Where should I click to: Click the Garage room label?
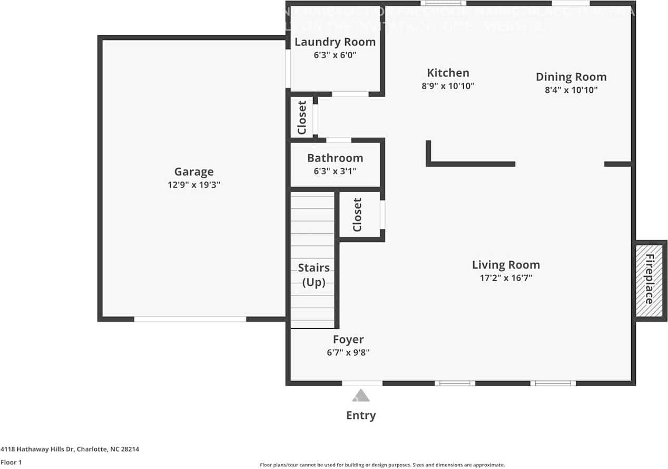coord(194,171)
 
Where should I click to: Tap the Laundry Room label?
coord(335,42)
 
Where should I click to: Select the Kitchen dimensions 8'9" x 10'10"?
coord(448,85)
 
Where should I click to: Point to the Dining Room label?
coord(571,77)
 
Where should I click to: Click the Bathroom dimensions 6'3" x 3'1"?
coord(335,170)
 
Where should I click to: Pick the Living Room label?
coord(506,265)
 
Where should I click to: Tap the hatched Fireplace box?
coord(650,279)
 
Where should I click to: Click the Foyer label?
coord(348,339)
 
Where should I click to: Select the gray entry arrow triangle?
coord(361,395)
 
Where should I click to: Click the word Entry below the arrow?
coord(361,415)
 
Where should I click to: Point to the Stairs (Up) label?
coord(313,274)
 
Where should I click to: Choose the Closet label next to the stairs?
coord(358,215)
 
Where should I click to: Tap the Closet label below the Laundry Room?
coord(302,118)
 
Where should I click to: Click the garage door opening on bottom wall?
coord(190,319)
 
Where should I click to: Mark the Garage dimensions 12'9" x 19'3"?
coord(194,185)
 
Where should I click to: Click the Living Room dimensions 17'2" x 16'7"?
coord(506,278)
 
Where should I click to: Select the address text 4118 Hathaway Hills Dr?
coord(70,449)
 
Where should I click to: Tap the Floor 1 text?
coord(11,462)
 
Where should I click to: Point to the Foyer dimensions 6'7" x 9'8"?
coord(348,352)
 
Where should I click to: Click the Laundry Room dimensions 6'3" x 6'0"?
coord(335,55)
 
